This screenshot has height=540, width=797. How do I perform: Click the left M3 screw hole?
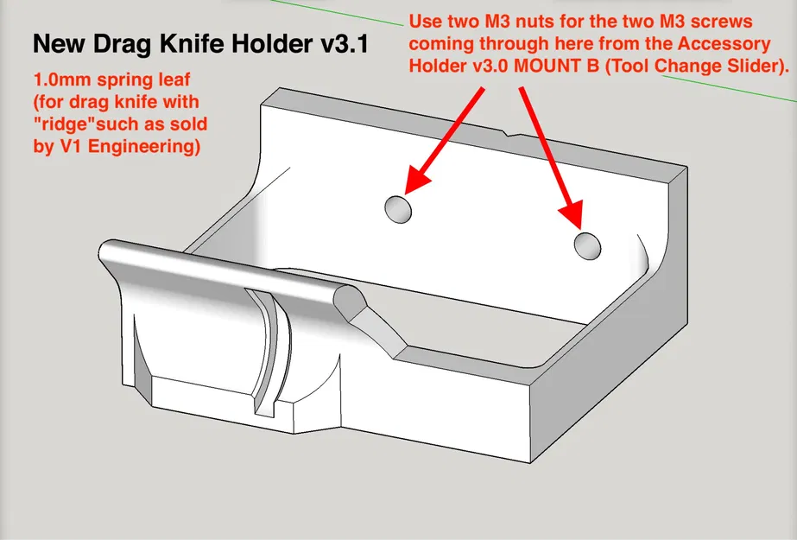pos(397,208)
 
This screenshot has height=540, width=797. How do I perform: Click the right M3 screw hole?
pos(589,245)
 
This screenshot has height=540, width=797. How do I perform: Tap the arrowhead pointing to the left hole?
pos(415,180)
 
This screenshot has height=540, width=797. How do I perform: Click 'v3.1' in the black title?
pos(340,43)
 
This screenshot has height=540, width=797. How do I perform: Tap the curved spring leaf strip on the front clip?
pos(268,346)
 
